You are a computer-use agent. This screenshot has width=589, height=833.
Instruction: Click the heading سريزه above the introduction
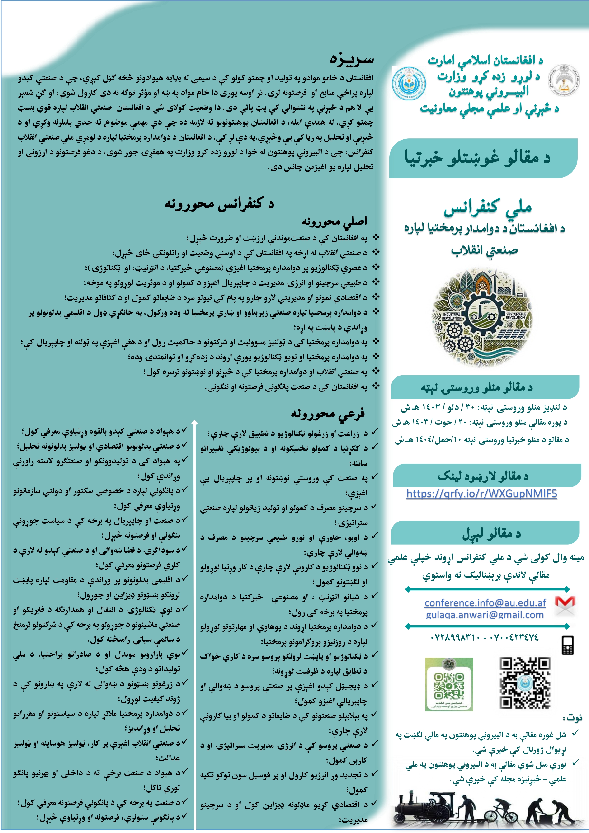pyautogui.click(x=351, y=59)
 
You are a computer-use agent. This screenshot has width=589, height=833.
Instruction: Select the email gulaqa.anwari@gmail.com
pyautogui.click(x=485, y=615)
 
